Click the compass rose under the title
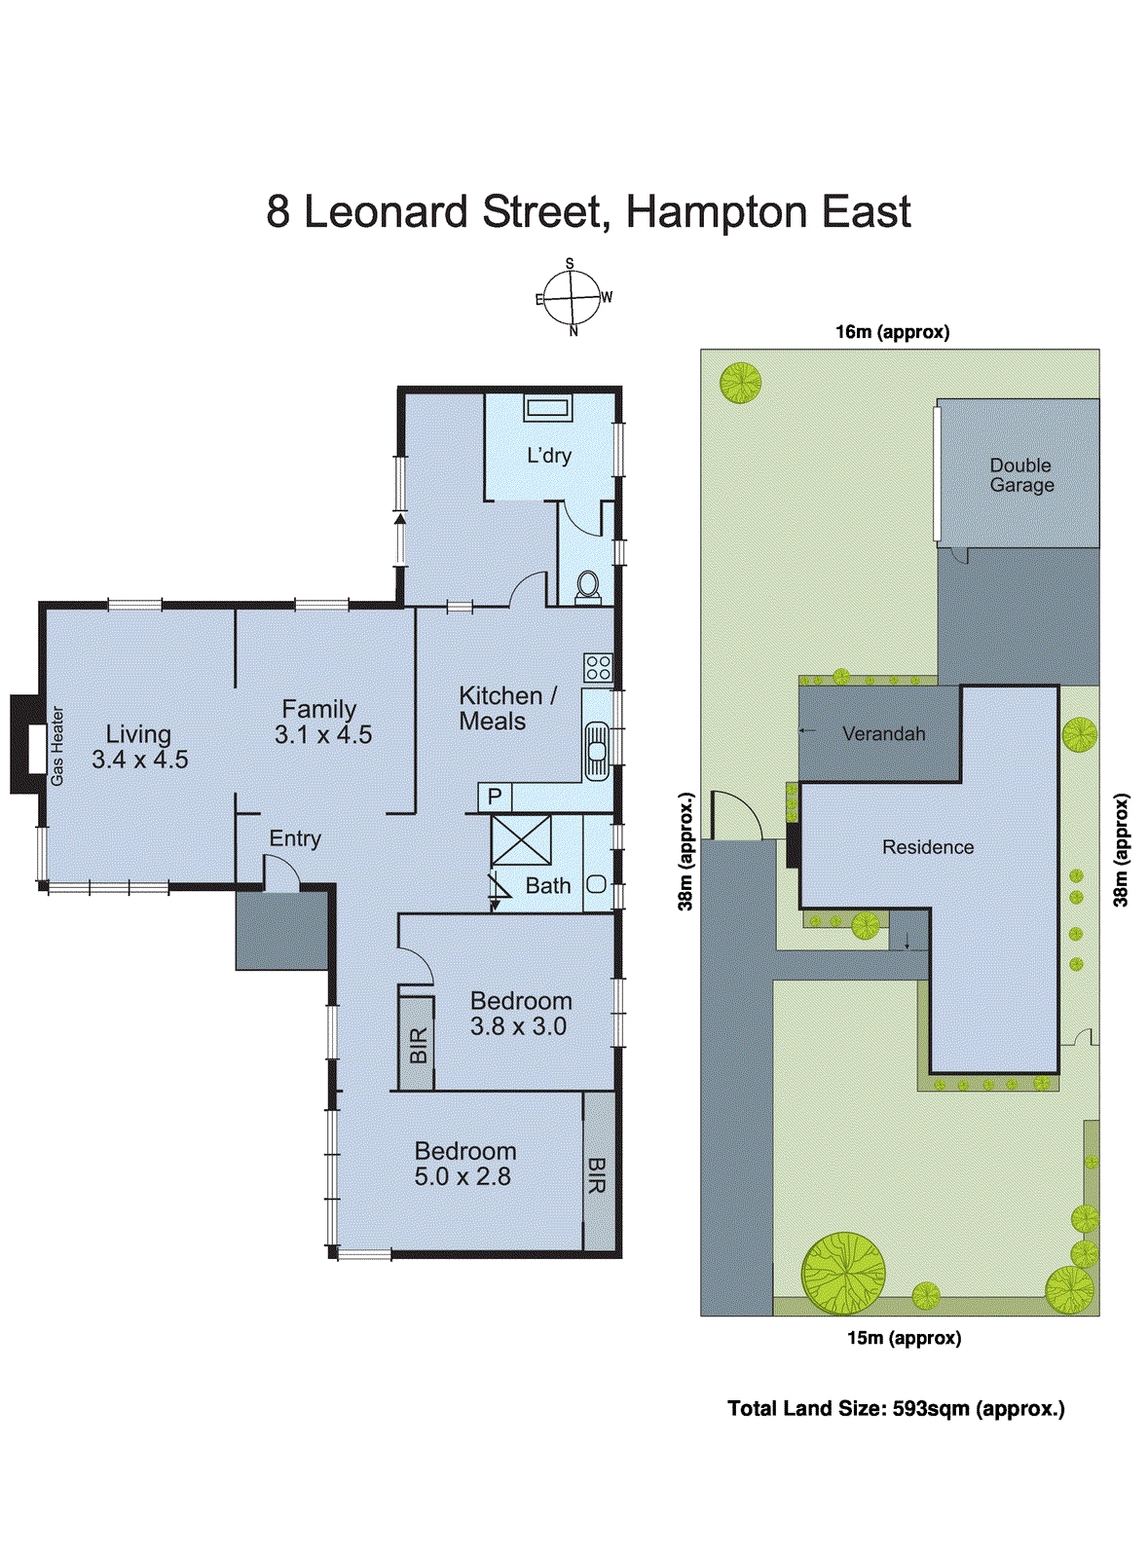point(572,297)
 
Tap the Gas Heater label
point(57,747)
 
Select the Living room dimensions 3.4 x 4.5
point(140,760)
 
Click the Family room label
point(319,710)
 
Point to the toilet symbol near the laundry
point(588,585)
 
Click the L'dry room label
point(549,456)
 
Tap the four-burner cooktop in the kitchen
point(598,668)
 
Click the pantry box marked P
point(495,798)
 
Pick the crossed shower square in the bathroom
point(521,840)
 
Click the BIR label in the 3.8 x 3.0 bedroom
point(418,1045)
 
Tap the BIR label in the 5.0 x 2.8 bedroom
point(597,1175)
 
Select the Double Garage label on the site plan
point(1021,475)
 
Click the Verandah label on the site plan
point(883,734)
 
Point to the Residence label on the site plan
point(927,847)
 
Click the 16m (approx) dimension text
point(892,332)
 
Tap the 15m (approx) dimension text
point(904,1338)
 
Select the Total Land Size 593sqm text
point(896,1408)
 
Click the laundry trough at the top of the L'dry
point(547,408)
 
